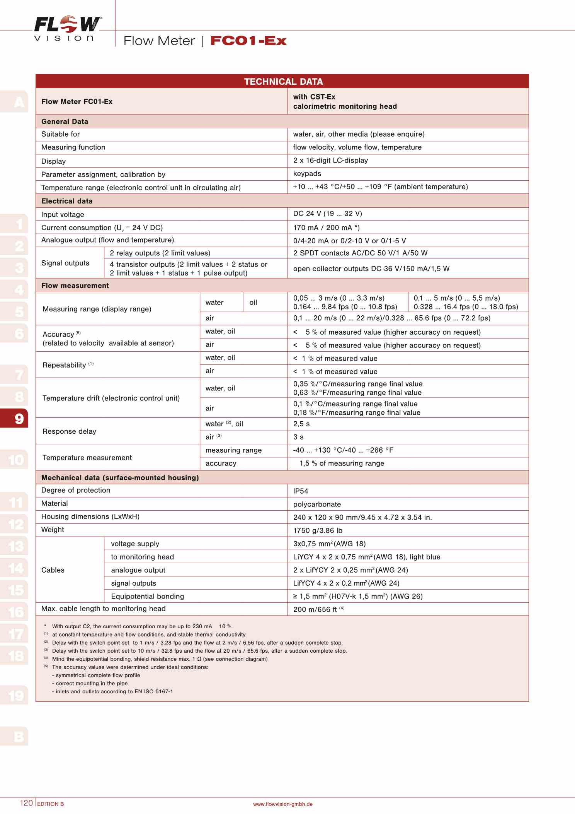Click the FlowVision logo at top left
(x=67, y=28)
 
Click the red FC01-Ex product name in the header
(x=248, y=41)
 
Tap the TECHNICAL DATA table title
(x=283, y=82)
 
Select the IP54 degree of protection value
(x=301, y=491)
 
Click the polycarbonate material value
(x=317, y=504)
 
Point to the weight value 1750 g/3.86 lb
(x=318, y=530)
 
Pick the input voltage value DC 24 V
(x=327, y=214)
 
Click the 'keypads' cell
(x=307, y=174)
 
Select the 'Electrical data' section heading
(x=67, y=201)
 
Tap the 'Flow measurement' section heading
(x=75, y=286)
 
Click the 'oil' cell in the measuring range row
(x=253, y=303)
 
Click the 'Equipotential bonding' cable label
(x=147, y=596)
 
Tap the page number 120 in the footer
(x=26, y=803)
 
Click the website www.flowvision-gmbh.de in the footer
(x=283, y=804)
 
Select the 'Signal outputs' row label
(x=65, y=263)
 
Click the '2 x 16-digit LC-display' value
(x=330, y=160)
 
